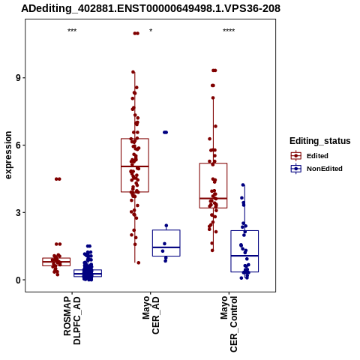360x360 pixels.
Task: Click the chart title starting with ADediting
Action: pos(151,9)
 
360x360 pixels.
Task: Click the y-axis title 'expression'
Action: pos(8,155)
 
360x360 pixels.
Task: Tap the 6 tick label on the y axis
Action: pos(18,145)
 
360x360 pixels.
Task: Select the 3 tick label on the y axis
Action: pos(18,213)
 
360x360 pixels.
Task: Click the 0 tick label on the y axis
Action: pos(18,280)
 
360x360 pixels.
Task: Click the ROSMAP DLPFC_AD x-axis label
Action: pos(72,320)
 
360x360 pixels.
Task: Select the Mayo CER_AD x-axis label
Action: pos(151,315)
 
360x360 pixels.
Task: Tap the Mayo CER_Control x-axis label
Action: pos(229,324)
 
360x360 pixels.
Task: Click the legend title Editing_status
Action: pos(320,141)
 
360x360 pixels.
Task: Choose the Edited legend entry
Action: pos(310,156)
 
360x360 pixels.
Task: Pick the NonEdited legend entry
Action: pos(316,169)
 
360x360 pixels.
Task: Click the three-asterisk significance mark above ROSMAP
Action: pos(72,31)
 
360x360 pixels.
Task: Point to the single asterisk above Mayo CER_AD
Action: pos(151,31)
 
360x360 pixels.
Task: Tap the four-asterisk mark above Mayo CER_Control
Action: pos(229,31)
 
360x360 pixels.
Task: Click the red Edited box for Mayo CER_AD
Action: pos(135,139)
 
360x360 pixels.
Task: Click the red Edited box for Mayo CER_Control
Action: pos(213,163)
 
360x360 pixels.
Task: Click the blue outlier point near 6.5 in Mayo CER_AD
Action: pos(166,132)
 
